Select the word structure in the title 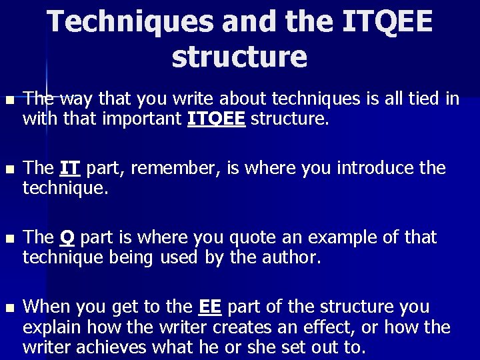(239, 57)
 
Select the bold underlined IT (71, 168)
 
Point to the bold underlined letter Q (67, 237)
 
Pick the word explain (49, 327)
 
